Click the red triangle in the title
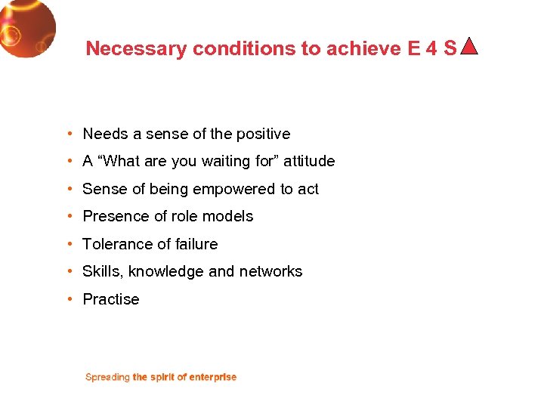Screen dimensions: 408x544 tap(469, 47)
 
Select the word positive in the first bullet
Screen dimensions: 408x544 tap(263, 134)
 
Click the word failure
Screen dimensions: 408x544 tap(196, 244)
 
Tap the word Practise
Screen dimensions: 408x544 tap(111, 299)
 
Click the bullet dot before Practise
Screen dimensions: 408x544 tap(69, 299)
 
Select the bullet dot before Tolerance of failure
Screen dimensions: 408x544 tap(69, 244)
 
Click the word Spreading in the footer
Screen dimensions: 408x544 tap(107, 377)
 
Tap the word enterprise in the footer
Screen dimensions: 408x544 tap(212, 377)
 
